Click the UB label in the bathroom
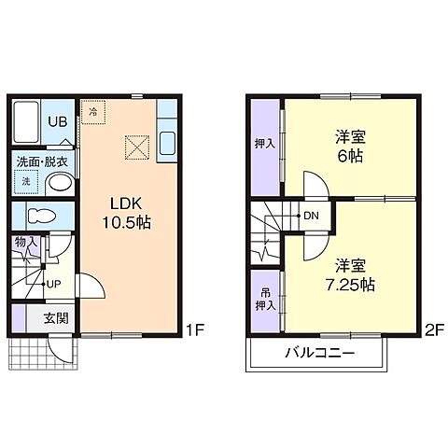[58, 121]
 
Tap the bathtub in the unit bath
[26, 121]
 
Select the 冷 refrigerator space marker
[93, 112]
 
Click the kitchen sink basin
[167, 144]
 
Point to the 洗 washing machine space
[26, 182]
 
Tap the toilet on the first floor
[41, 216]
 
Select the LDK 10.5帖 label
[127, 213]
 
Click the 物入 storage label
[26, 242]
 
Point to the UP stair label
[53, 284]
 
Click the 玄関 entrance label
[56, 318]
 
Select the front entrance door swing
[61, 350]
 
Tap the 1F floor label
[195, 330]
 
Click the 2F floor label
[434, 330]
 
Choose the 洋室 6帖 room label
[350, 147]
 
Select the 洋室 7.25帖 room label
[350, 275]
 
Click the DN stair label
[311, 216]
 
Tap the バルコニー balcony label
[320, 354]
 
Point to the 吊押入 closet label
[266, 300]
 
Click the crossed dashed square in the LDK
[137, 147]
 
